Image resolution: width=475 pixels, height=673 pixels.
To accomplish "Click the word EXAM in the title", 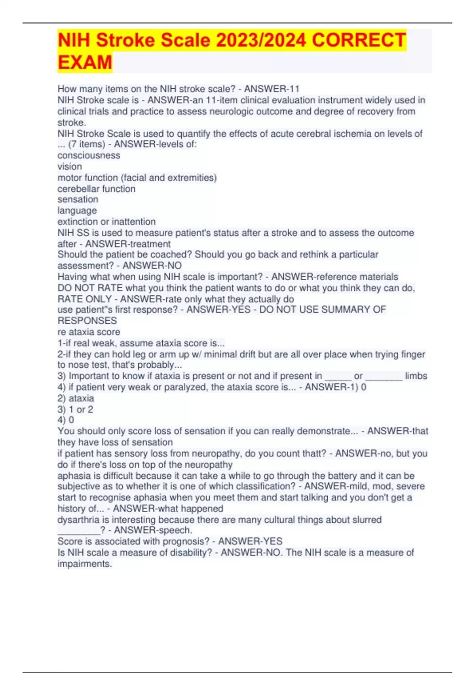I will [85, 63].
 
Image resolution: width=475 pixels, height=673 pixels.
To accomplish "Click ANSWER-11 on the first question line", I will [272, 89].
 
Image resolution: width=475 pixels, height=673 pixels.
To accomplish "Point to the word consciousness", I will [89, 155].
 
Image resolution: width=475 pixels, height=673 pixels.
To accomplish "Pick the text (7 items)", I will [86, 144].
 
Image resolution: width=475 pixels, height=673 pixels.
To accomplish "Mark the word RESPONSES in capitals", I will [87, 321].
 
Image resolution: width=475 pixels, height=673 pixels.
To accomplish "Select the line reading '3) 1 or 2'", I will [75, 409].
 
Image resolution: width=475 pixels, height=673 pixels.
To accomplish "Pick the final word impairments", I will [85, 564].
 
